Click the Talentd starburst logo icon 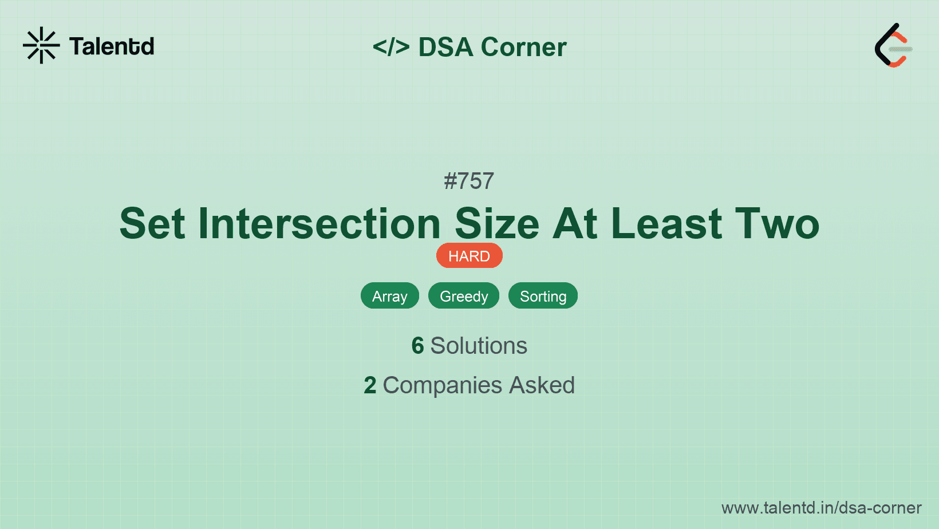pyautogui.click(x=41, y=45)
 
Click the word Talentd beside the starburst pyautogui.click(x=112, y=46)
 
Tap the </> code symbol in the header pyautogui.click(x=390, y=46)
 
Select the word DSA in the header pyautogui.click(x=445, y=47)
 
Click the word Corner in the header pyautogui.click(x=523, y=47)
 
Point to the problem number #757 pyautogui.click(x=469, y=181)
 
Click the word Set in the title pyautogui.click(x=152, y=223)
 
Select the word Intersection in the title pyautogui.click(x=319, y=223)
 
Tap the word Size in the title pyautogui.click(x=497, y=223)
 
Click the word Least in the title pyautogui.click(x=666, y=223)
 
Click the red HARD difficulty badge pyautogui.click(x=469, y=256)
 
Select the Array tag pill pyautogui.click(x=390, y=296)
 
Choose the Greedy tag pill pyautogui.click(x=464, y=296)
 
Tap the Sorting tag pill pyautogui.click(x=543, y=296)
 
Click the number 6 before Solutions pyautogui.click(x=417, y=346)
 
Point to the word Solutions pyautogui.click(x=479, y=346)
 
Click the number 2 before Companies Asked pyautogui.click(x=370, y=385)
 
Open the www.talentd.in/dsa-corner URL pyautogui.click(x=821, y=508)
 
